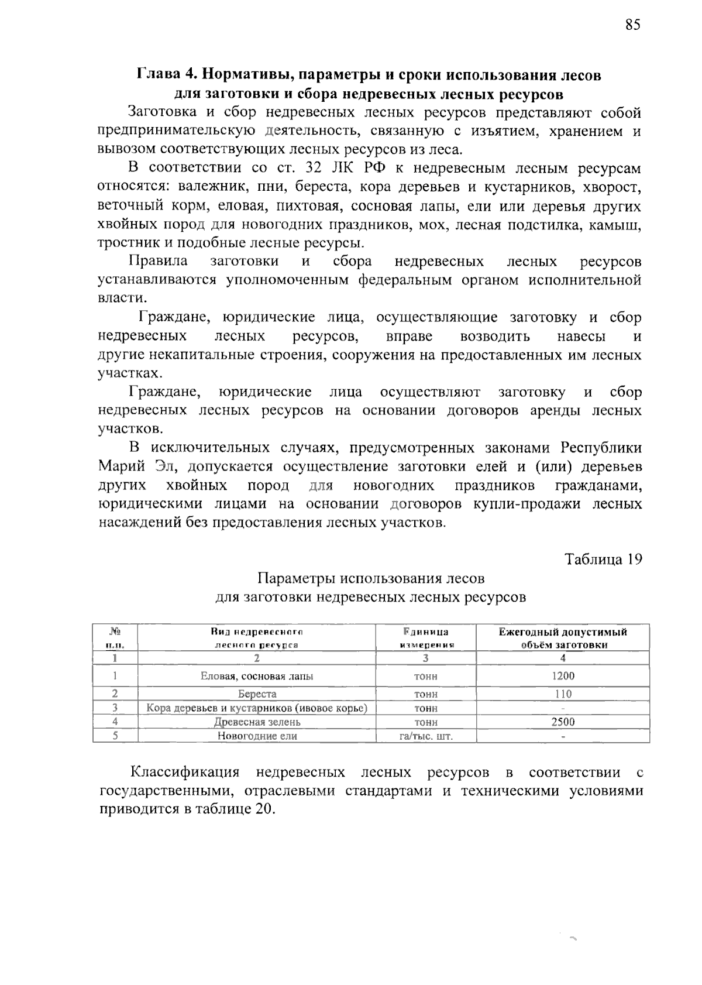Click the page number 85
click(x=632, y=25)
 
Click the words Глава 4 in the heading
click(x=166, y=75)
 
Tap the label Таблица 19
click(x=603, y=559)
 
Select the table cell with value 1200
click(x=563, y=676)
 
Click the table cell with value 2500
click(x=563, y=722)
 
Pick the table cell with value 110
click(x=563, y=694)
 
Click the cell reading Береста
click(x=257, y=694)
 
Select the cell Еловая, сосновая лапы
click(x=257, y=676)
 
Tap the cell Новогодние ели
click(x=257, y=736)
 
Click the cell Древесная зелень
click(x=257, y=722)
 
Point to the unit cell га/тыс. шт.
click(x=425, y=736)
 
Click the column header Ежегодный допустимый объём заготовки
click(x=563, y=638)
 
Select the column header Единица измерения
click(x=425, y=638)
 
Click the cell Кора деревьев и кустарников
click(x=257, y=708)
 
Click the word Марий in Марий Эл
click(x=118, y=466)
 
